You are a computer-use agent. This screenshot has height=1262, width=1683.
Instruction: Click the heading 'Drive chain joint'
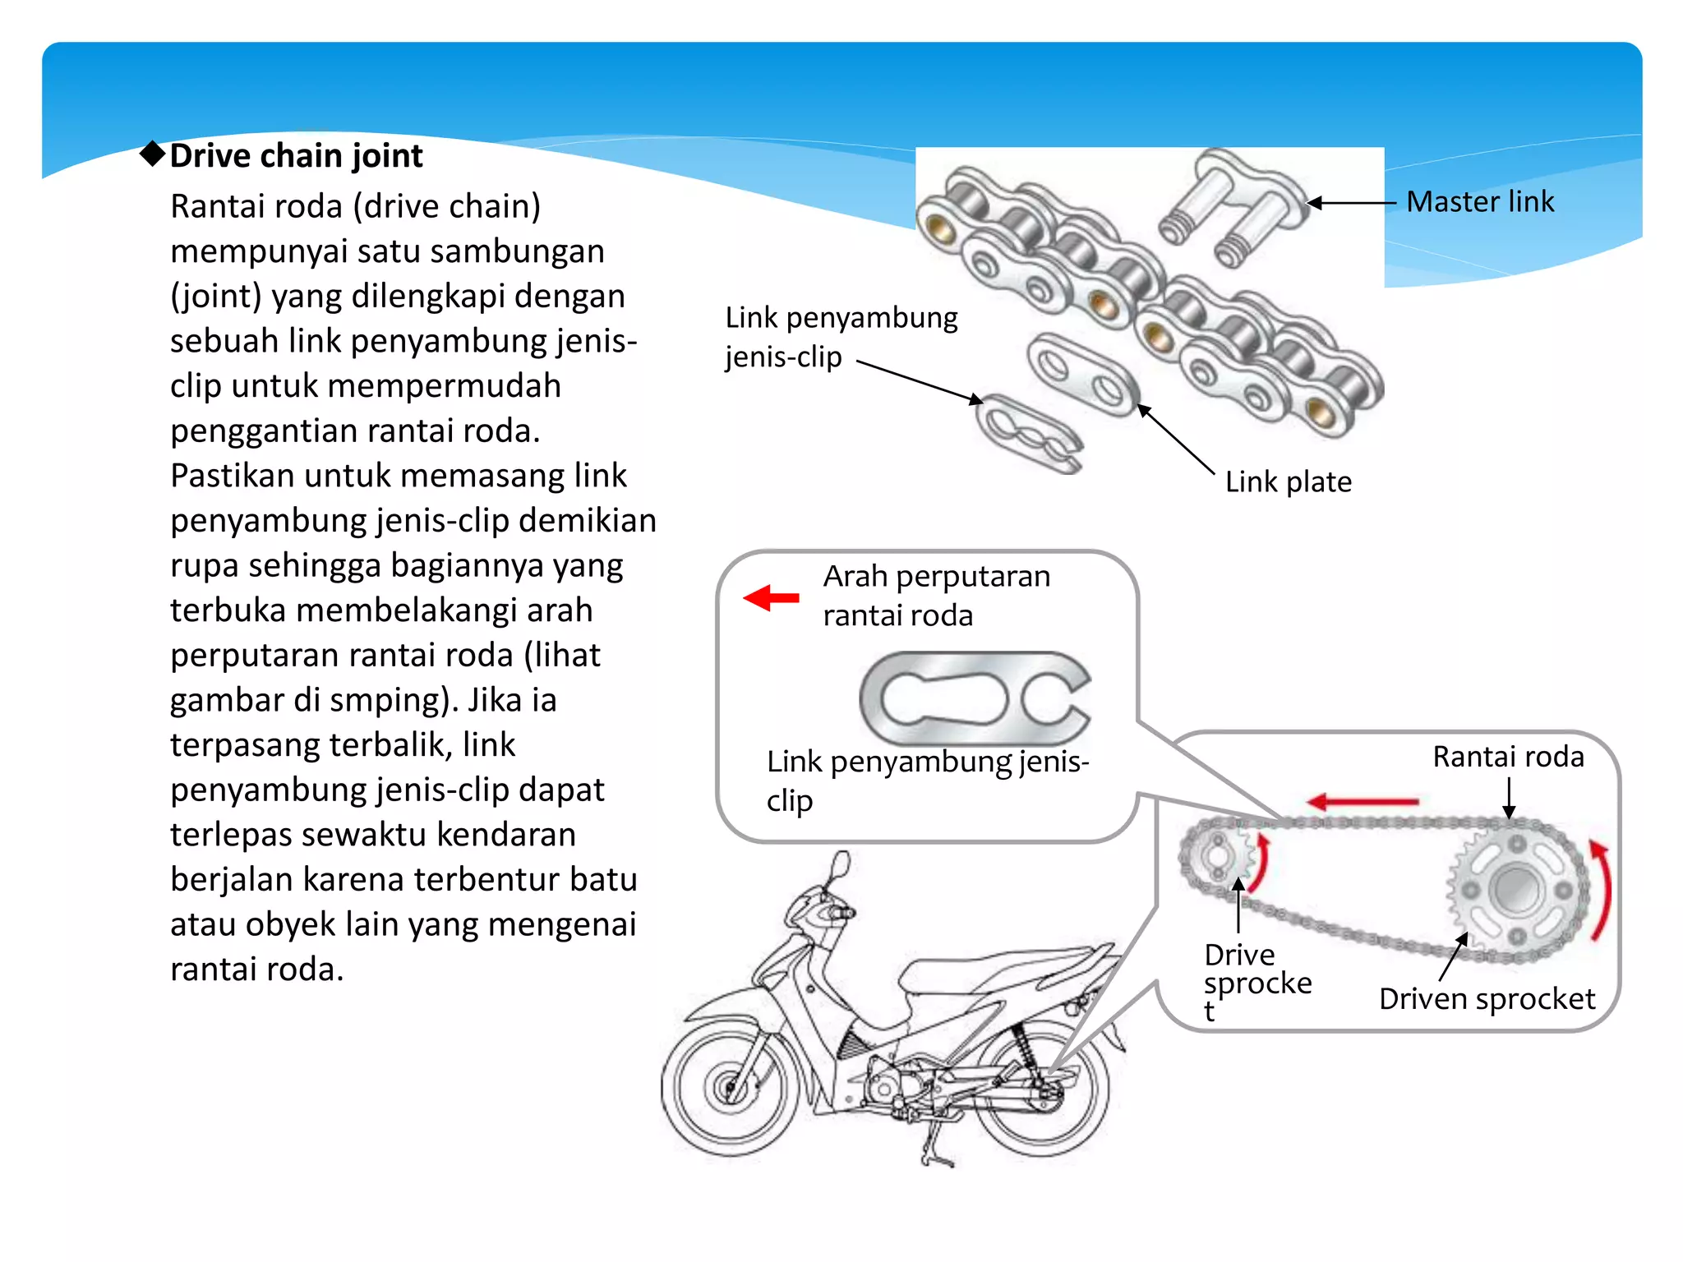tap(296, 155)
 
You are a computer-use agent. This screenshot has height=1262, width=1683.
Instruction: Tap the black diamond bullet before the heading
tap(153, 153)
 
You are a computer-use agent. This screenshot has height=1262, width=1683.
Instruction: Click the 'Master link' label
tap(1479, 201)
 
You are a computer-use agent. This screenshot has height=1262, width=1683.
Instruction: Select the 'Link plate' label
tap(1288, 481)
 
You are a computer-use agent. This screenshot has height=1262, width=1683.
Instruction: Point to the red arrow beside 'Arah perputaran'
tap(771, 597)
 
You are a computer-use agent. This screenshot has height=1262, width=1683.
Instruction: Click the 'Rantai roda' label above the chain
tap(1508, 757)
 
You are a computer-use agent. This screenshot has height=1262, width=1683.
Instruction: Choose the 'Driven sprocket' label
tap(1487, 999)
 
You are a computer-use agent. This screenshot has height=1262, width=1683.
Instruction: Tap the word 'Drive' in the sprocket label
tap(1239, 955)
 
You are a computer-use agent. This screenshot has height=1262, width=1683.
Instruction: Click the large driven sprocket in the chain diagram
tap(1516, 890)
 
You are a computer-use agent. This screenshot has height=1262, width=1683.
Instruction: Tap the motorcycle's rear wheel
tap(1042, 1089)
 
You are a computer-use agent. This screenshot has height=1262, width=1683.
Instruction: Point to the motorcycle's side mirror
tap(840, 866)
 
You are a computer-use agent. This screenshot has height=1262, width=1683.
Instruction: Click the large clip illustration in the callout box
tap(975, 698)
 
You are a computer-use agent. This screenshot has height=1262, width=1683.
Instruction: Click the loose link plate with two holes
tap(1082, 374)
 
